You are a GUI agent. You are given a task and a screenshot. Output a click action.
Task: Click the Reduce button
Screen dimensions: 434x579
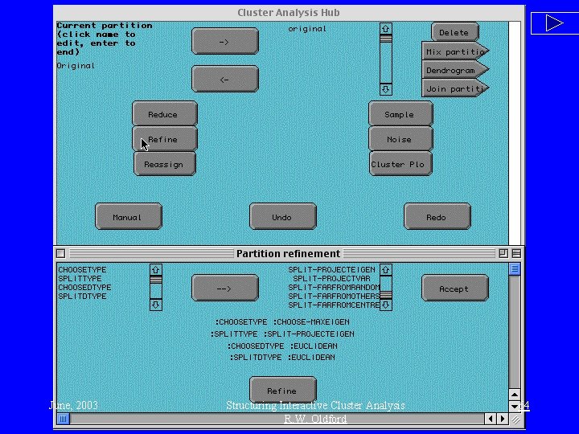(x=164, y=114)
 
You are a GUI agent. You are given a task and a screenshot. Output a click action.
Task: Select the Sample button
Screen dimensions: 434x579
(x=400, y=114)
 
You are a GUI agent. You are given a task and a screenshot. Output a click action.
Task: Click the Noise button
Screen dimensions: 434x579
(x=400, y=139)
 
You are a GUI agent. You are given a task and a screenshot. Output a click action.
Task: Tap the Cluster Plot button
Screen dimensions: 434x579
(x=399, y=164)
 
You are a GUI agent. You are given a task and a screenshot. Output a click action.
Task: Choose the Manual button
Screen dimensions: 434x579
(x=128, y=217)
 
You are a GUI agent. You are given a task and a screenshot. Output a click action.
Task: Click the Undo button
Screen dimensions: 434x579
(x=281, y=217)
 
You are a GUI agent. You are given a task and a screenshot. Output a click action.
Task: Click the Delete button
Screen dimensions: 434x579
(x=454, y=32)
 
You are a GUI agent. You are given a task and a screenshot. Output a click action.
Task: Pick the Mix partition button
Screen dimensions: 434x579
(x=454, y=51)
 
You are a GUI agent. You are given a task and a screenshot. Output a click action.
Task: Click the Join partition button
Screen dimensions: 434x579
(x=454, y=88)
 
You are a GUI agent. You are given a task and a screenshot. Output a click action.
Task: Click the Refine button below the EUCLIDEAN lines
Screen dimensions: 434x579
(x=281, y=391)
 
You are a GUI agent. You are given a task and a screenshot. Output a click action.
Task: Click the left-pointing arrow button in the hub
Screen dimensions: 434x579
(x=224, y=80)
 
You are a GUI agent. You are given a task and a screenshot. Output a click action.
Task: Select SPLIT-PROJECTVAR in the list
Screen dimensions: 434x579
(x=332, y=278)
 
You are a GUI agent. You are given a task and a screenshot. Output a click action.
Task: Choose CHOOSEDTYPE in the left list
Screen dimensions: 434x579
(x=84, y=287)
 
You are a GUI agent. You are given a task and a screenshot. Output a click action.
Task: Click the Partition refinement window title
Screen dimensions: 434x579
(x=288, y=253)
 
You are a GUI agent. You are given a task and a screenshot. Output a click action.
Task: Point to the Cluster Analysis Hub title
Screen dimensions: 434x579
(x=288, y=12)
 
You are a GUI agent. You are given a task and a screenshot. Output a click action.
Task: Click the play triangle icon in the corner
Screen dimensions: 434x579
(x=554, y=23)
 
